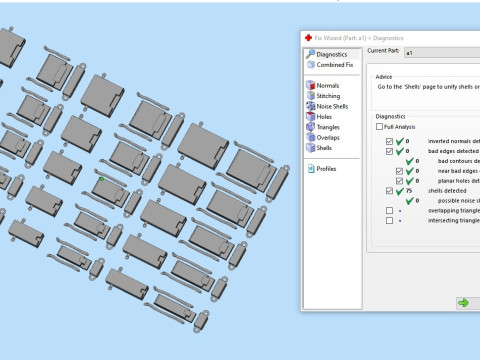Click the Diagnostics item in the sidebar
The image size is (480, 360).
(x=331, y=54)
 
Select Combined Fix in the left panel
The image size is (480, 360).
(x=334, y=65)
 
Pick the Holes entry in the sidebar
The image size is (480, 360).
(x=325, y=117)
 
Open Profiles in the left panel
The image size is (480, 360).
(x=327, y=169)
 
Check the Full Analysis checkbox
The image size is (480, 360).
(x=378, y=127)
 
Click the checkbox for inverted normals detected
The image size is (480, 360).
(x=389, y=141)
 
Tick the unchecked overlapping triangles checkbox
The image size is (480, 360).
(x=389, y=211)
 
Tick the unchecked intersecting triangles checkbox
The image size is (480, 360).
(x=389, y=221)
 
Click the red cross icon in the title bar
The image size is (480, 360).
(x=308, y=37)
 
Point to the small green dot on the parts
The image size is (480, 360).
(x=101, y=180)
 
